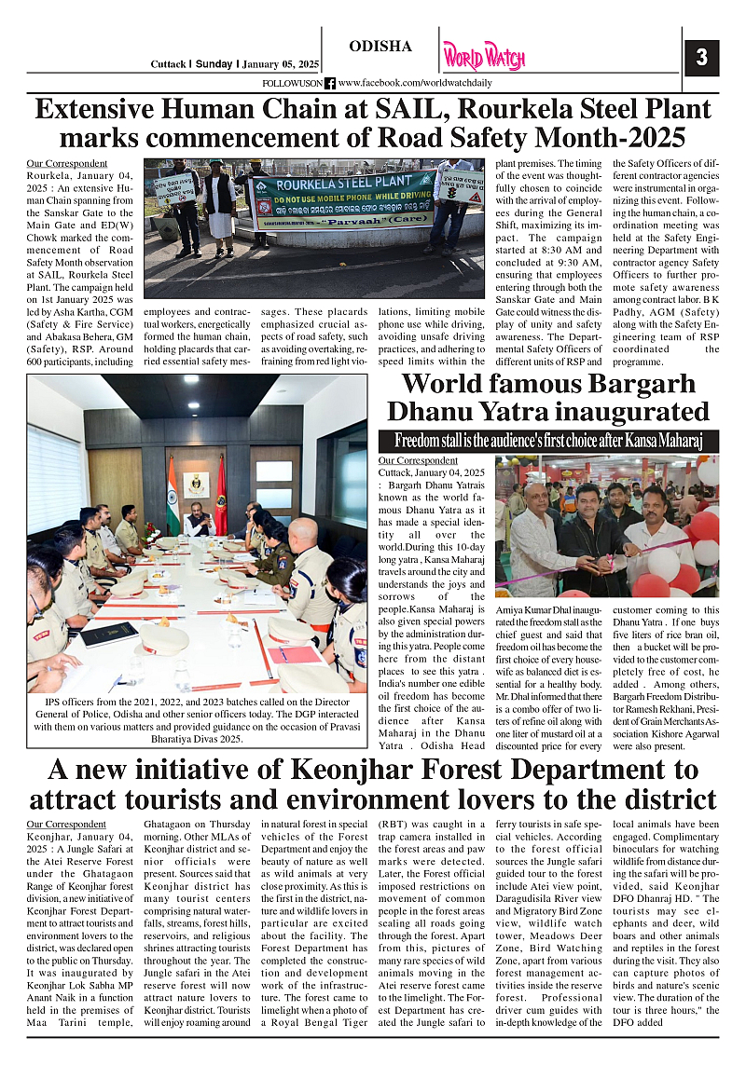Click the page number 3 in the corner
[701, 58]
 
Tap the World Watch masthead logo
[484, 57]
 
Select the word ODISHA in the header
[380, 47]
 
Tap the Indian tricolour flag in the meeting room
[173, 493]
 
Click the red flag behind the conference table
[221, 494]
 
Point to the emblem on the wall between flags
[197, 483]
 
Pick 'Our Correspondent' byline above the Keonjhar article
[66, 824]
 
